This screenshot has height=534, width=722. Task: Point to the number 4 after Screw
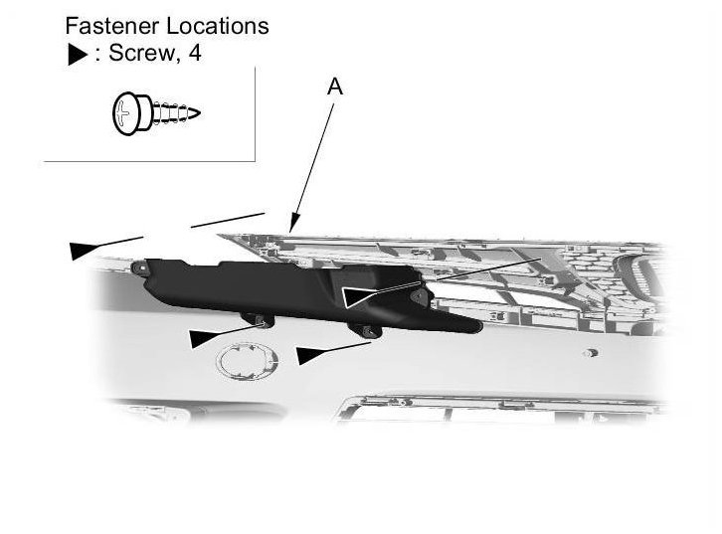(196, 54)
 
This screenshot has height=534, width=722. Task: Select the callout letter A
(335, 89)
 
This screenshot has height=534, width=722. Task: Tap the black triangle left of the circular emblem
(204, 338)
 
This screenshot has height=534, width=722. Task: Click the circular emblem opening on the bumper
(243, 360)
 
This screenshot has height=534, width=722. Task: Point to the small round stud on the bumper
(591, 352)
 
